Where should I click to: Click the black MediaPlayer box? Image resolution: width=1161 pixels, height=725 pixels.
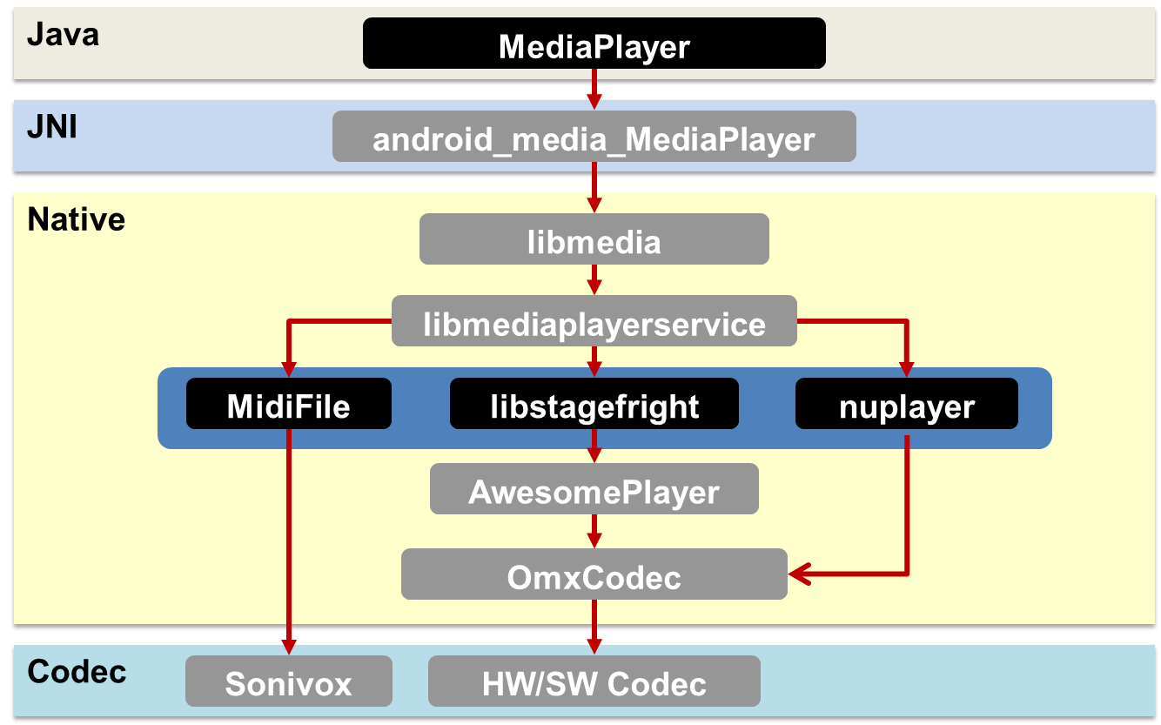[x=594, y=44]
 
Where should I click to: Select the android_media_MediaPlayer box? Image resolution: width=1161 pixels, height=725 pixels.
[x=594, y=137]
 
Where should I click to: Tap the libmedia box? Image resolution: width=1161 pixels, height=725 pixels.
[x=594, y=239]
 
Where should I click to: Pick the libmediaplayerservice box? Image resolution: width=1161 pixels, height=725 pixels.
[x=594, y=322]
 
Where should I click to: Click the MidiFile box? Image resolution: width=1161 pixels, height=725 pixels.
[x=288, y=404]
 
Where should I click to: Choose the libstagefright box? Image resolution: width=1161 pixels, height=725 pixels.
[x=594, y=404]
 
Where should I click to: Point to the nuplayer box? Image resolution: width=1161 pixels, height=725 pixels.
[x=906, y=404]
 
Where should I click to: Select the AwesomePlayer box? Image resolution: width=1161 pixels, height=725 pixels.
[x=594, y=489]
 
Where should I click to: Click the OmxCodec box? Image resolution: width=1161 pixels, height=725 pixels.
[x=594, y=574]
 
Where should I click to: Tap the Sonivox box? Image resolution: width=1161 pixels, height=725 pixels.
[x=288, y=681]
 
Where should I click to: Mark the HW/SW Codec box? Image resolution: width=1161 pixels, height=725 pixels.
[x=594, y=681]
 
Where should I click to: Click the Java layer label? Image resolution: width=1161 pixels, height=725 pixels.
[x=63, y=35]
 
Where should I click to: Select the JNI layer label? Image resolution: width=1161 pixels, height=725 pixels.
[x=52, y=127]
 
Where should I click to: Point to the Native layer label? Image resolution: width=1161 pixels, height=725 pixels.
[x=77, y=219]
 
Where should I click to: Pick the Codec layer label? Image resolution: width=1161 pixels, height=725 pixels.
[x=77, y=671]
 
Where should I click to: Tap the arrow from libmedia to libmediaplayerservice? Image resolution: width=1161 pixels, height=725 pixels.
[x=594, y=279]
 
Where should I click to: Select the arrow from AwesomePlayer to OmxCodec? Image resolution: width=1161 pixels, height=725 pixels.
[x=594, y=531]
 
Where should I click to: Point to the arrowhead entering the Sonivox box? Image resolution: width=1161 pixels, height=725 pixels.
[x=288, y=646]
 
